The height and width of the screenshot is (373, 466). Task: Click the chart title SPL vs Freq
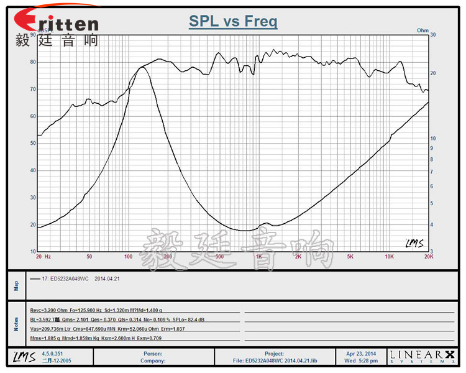pyautogui.click(x=233, y=22)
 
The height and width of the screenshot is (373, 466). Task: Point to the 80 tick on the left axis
pyautogui.click(x=32, y=62)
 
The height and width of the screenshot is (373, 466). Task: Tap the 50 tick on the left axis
pyautogui.click(x=32, y=144)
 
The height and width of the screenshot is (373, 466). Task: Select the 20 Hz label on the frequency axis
pyautogui.click(x=43, y=256)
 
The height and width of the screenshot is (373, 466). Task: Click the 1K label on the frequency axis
pyautogui.click(x=258, y=256)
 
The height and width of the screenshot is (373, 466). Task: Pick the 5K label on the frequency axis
pyautogui.click(x=350, y=256)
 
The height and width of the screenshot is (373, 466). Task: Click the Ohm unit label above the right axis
pyautogui.click(x=423, y=30)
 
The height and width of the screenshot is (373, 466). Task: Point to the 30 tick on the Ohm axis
pyautogui.click(x=433, y=35)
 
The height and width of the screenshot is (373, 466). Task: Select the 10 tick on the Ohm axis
pyautogui.click(x=433, y=138)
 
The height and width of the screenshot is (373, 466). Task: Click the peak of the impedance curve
pyautogui.click(x=142, y=67)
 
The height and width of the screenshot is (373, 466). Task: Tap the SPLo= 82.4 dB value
pyautogui.click(x=211, y=319)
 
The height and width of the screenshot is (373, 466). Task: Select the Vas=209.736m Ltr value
pyautogui.click(x=53, y=328)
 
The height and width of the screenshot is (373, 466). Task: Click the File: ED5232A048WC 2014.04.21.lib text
pyautogui.click(x=275, y=360)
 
